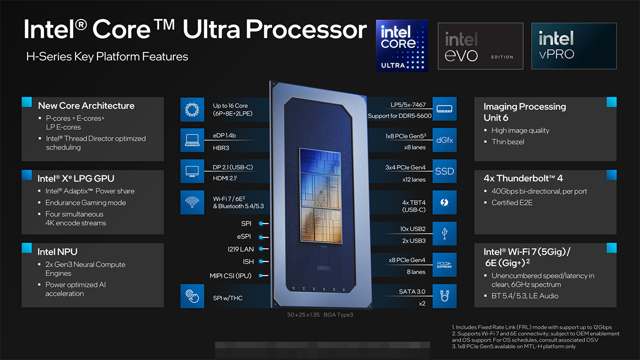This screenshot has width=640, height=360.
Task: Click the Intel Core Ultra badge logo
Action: [x=401, y=45]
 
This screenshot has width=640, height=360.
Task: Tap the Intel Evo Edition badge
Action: [x=480, y=46]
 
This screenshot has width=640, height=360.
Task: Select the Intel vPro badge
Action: [x=573, y=46]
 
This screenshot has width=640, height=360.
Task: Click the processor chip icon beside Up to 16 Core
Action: [x=192, y=109]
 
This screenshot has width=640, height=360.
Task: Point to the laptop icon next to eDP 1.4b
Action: [x=192, y=140]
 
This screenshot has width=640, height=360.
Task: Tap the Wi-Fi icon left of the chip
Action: [x=192, y=202]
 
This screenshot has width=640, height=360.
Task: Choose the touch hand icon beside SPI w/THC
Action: [x=192, y=296]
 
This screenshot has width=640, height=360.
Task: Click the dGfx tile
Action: [x=444, y=140]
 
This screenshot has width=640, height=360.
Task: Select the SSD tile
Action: [x=444, y=171]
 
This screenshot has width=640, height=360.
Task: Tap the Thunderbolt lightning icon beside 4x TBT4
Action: [x=444, y=202]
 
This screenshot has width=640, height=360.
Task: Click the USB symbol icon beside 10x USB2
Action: [x=444, y=233]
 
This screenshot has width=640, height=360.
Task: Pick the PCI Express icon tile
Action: [x=444, y=265]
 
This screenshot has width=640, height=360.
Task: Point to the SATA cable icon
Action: [x=444, y=296]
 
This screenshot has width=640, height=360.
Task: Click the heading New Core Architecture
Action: [x=86, y=105]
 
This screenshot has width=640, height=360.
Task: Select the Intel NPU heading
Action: [x=57, y=251]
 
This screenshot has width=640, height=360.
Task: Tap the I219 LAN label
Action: [x=240, y=249]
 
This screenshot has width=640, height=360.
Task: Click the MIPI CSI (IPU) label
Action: [x=230, y=275]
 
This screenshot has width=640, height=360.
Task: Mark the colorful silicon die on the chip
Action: [x=320, y=196]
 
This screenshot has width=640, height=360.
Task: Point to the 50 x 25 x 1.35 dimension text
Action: [x=303, y=314]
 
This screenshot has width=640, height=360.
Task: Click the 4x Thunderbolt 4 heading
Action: [x=523, y=178]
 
